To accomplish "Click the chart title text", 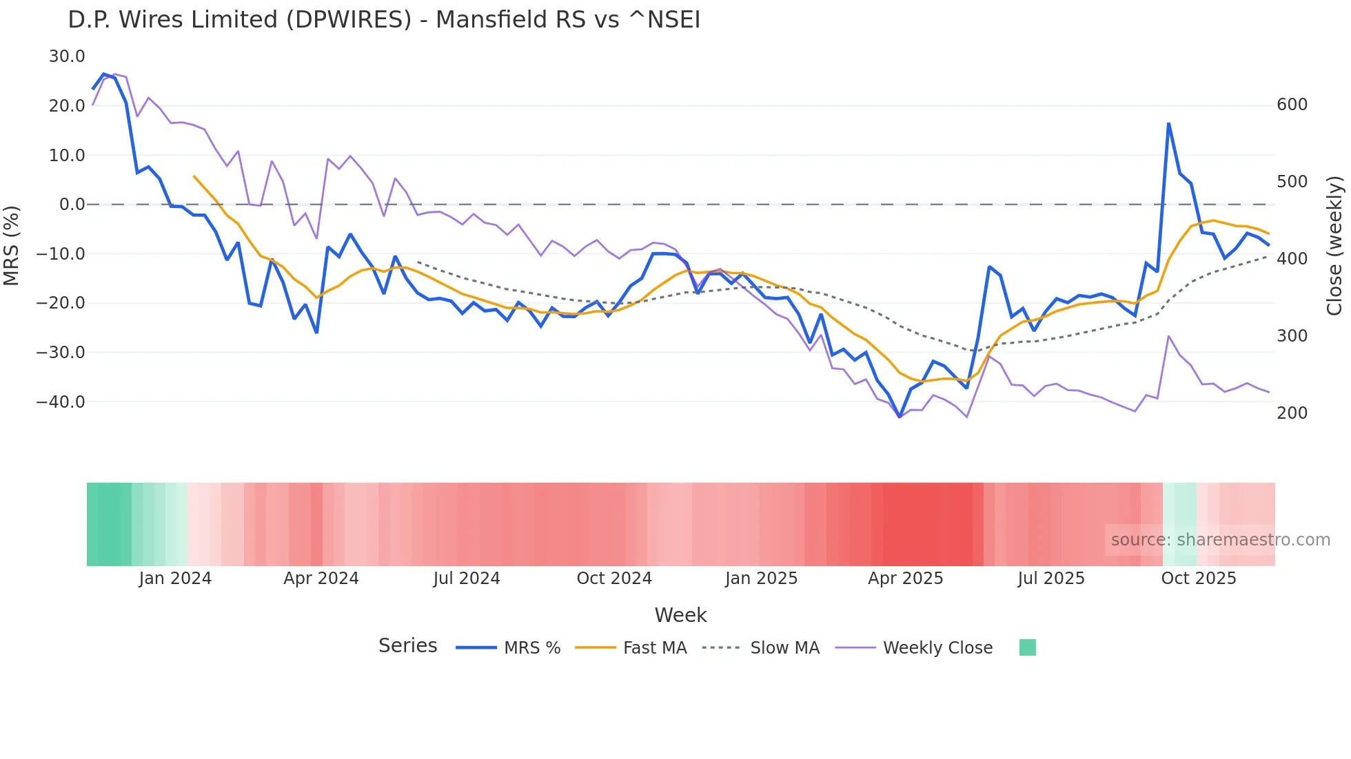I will [384, 20].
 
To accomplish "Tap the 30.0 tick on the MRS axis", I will [67, 56].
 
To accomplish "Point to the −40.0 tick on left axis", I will [61, 402].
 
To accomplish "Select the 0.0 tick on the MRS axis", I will [72, 205].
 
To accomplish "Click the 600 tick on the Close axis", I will [1292, 105].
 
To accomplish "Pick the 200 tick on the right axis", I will [1292, 413].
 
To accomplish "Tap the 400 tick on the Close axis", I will [1292, 259].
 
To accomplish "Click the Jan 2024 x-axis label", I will [175, 579].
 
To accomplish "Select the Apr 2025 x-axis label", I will [905, 579].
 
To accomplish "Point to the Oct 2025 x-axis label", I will [1199, 579].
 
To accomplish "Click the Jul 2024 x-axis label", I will [467, 579].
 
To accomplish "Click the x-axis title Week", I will [680, 615].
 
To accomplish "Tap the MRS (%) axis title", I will [11, 246].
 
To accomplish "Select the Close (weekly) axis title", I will [1335, 246].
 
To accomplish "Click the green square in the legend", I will [1027, 647].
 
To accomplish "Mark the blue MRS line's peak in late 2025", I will [1168, 124].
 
